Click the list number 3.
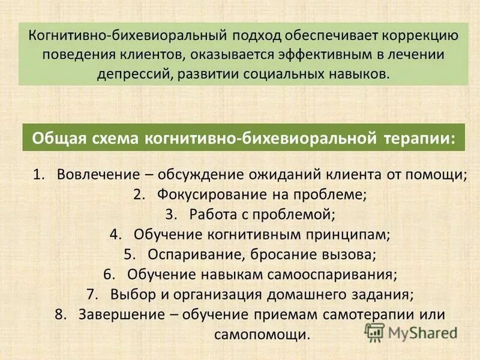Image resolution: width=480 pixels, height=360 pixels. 169,214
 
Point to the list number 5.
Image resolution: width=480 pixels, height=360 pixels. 128,254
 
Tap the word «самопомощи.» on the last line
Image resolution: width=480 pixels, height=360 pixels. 263,334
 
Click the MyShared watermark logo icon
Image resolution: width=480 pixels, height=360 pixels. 374,332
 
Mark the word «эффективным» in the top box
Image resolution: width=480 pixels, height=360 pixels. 323,55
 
